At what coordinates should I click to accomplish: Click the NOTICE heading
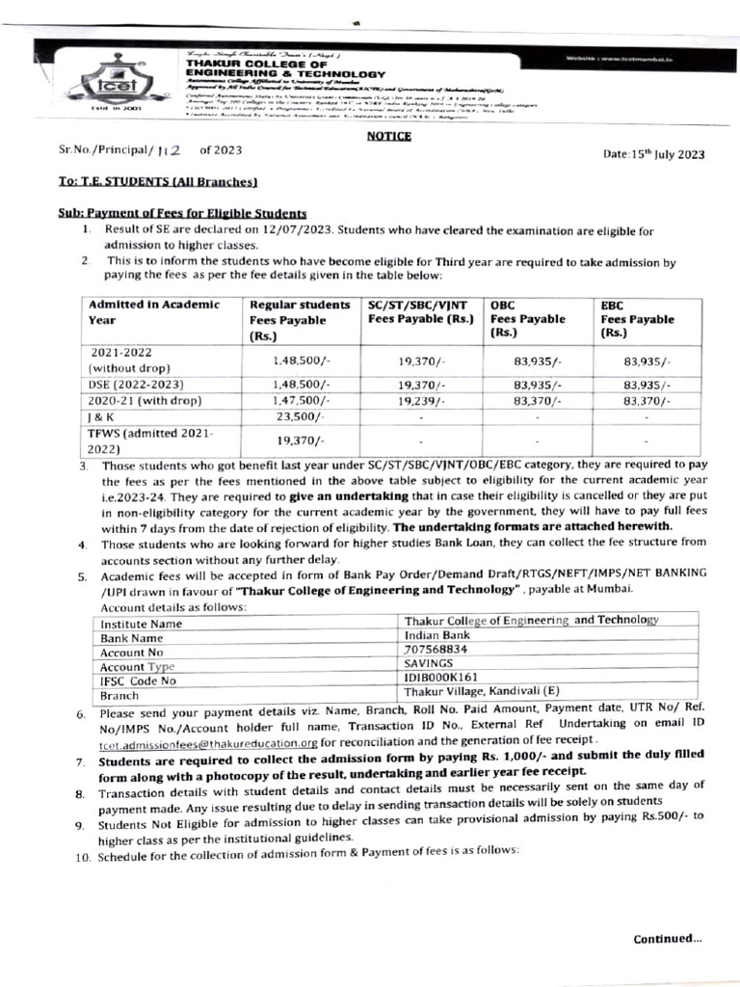tap(389, 136)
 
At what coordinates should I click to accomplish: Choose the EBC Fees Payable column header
tap(638, 319)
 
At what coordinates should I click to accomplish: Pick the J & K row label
tap(98, 417)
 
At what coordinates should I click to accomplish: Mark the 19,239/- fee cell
tap(420, 400)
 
